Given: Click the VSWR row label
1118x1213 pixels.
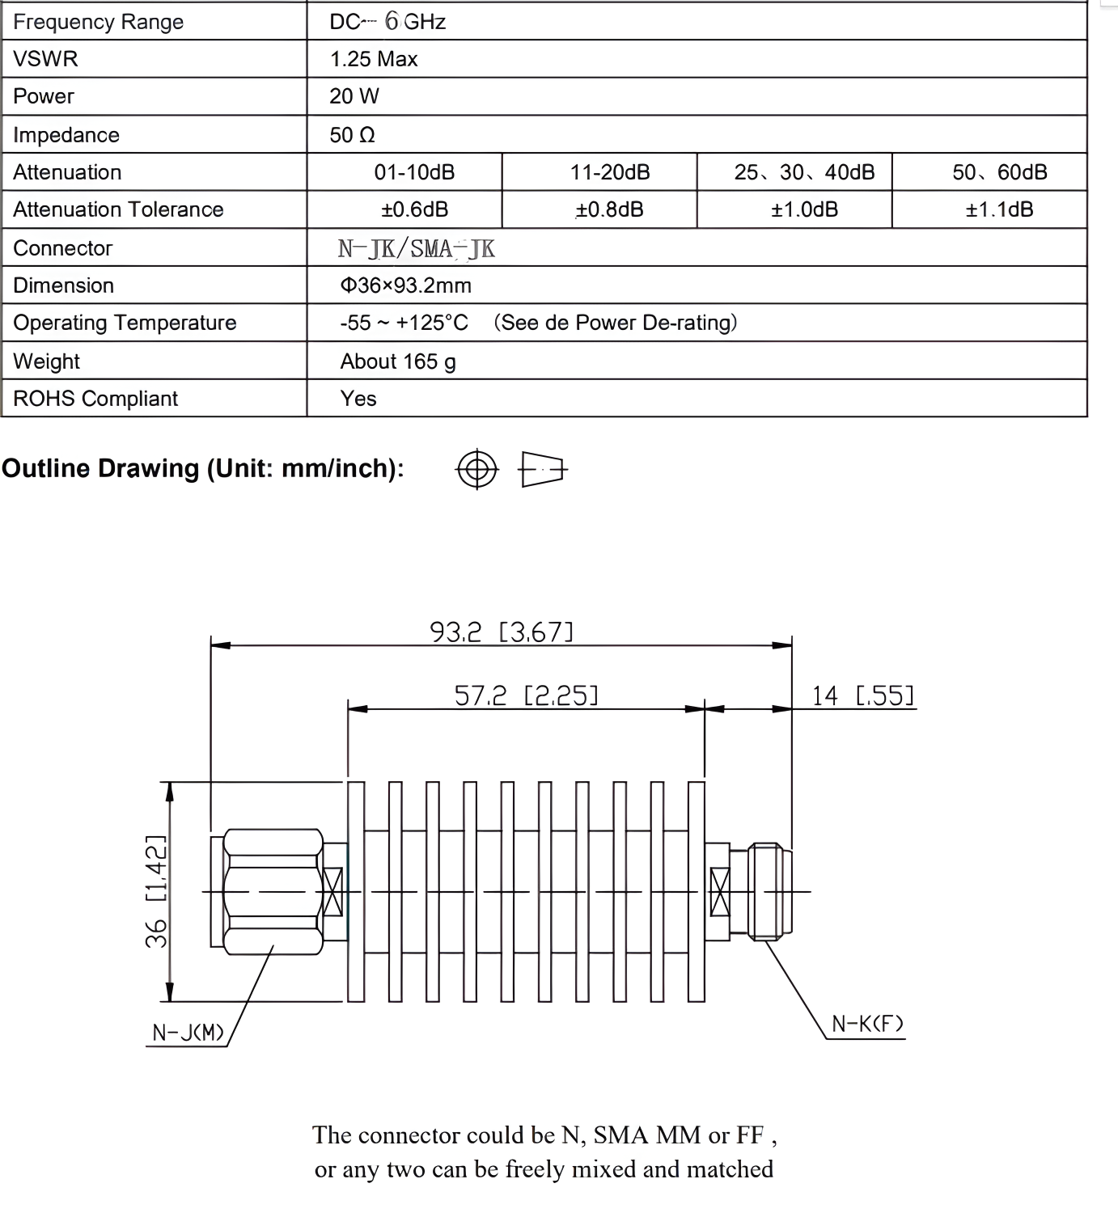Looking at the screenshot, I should coord(45,59).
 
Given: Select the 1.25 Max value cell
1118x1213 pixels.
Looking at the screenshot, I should coord(373,59).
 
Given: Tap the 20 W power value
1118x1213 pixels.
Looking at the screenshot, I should coord(354,96).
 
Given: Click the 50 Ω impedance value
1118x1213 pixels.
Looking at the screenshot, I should coord(352,135).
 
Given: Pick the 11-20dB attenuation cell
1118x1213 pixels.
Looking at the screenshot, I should coord(610,172).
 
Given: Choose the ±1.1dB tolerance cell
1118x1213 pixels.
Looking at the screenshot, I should coord(999,209).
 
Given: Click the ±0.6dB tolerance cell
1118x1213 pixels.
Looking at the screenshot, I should coord(414,209).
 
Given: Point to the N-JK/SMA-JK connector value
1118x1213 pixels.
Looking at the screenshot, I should coord(416,248).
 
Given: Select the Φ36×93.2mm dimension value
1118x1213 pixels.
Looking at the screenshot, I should coord(405,285).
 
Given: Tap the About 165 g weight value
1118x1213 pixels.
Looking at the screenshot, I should coord(398,361).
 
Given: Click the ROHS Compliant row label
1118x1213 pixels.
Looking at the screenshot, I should coord(95,399).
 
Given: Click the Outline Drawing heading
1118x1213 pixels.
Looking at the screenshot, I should coord(202,468).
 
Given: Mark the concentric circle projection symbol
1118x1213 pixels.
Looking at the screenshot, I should coord(477,469).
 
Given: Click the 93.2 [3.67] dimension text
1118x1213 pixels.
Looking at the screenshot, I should coord(502,632).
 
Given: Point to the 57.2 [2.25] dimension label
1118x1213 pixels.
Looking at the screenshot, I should coord(526,695).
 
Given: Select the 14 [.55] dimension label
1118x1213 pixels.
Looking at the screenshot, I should coord(862,695).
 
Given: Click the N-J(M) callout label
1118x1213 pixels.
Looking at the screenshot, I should coord(188,1033).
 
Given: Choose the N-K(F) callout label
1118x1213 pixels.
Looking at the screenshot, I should coord(867,1024).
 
